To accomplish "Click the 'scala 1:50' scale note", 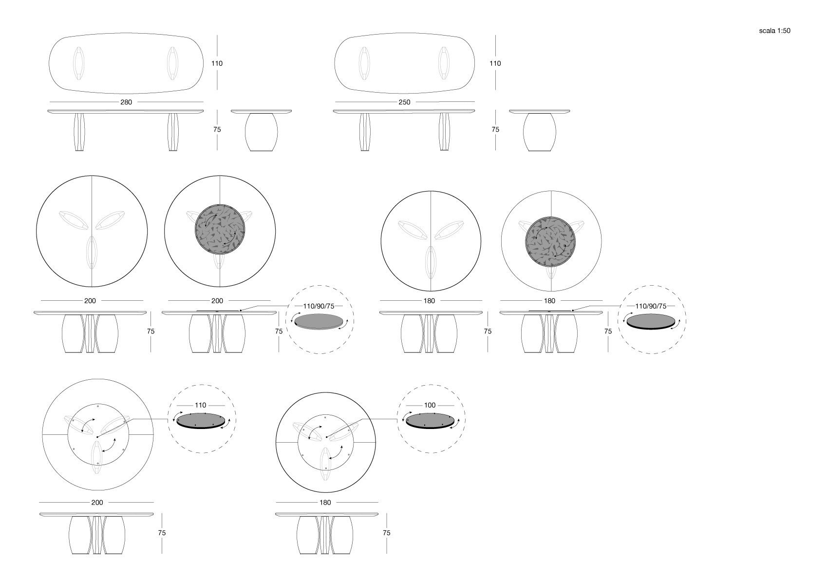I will (x=774, y=31).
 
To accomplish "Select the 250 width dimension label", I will (x=404, y=102).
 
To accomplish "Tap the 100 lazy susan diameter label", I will (x=430, y=405).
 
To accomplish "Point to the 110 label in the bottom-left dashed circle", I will (x=201, y=405).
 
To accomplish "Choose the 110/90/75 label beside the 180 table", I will (x=651, y=306).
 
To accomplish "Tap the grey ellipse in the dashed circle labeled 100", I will (x=430, y=420).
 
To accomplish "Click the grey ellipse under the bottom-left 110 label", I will (x=201, y=420).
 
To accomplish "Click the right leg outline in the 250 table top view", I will (x=444, y=63).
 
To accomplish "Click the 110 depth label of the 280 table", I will (x=217, y=63).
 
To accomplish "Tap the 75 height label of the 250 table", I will (x=495, y=130).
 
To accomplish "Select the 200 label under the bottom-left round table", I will (x=97, y=503).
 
